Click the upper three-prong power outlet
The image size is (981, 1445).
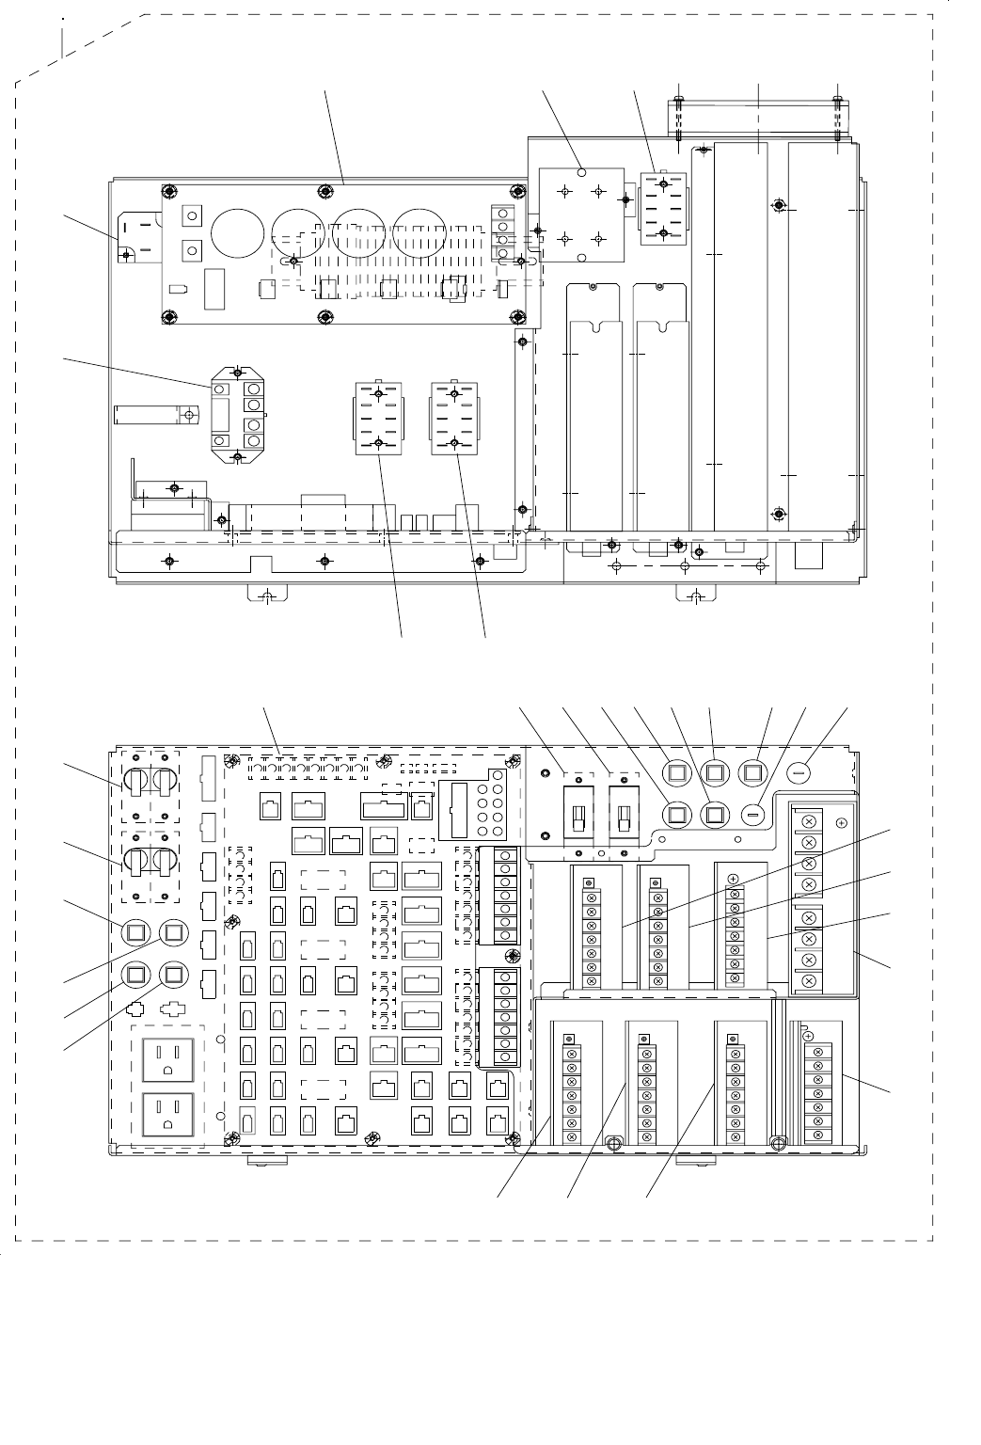click(x=167, y=1059)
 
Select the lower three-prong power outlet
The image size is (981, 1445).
click(x=167, y=1117)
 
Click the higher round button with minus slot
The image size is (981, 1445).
click(x=799, y=773)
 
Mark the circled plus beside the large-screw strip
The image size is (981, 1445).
click(x=841, y=822)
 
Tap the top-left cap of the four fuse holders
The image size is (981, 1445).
click(x=134, y=781)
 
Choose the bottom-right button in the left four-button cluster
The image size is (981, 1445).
click(x=174, y=973)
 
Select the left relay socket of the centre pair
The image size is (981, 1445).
click(x=377, y=418)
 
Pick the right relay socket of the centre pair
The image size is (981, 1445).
click(x=454, y=418)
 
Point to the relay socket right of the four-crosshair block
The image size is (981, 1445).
click(x=663, y=208)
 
